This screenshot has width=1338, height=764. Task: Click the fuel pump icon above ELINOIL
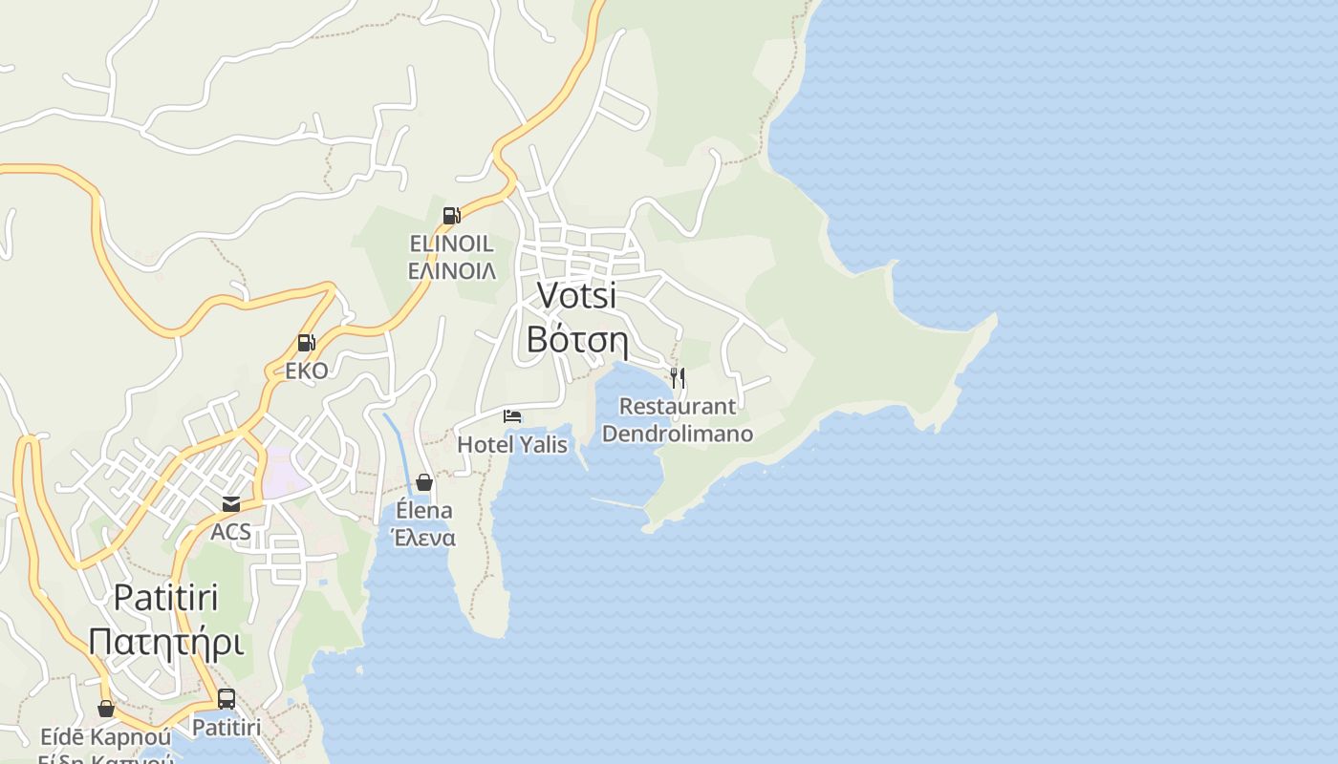point(451,216)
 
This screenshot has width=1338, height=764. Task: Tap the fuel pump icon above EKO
point(306,343)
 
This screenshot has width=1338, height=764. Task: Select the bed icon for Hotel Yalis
point(512,415)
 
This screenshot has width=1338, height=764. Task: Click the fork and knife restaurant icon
point(678,377)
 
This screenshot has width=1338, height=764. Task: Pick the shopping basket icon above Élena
point(424,482)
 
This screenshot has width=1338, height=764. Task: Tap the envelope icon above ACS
point(231,503)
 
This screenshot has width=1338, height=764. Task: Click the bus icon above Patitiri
point(227,699)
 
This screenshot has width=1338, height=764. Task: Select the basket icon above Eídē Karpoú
point(106,709)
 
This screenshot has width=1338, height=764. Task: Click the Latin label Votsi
point(576,295)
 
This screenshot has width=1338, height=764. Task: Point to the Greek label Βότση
point(576,339)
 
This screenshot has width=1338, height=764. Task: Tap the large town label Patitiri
point(165,598)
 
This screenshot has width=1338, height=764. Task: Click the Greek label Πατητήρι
point(165,642)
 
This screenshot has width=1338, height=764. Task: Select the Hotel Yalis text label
point(512,444)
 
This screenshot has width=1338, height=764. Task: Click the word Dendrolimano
point(678,434)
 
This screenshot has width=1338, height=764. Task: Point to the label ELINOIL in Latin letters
point(451,244)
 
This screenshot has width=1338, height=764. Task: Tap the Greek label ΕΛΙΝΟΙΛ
point(451,271)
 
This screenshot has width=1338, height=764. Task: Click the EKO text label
point(306,371)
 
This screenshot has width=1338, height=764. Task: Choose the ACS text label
point(231,531)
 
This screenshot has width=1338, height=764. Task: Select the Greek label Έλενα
point(424,538)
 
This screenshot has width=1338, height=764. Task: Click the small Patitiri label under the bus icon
point(227,728)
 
